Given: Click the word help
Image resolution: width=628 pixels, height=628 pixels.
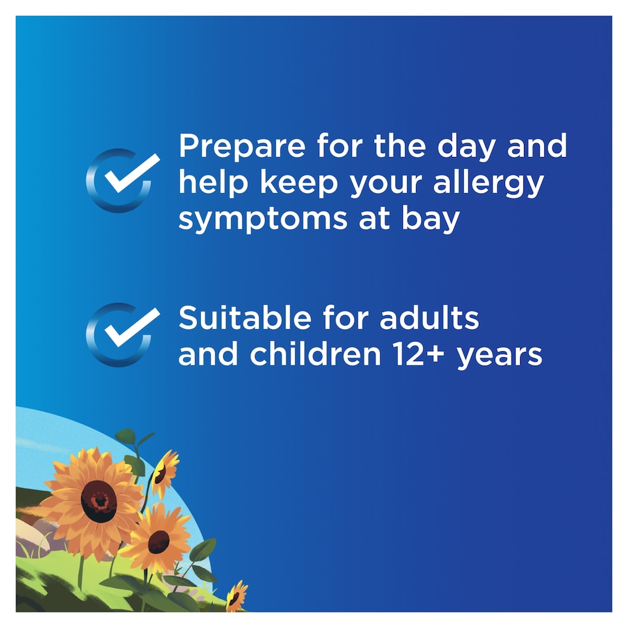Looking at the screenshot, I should coord(213,184).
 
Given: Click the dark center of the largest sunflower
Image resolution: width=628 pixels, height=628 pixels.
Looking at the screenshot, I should coord(99,501).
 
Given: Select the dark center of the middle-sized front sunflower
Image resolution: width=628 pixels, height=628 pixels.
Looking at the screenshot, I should coord(158,541).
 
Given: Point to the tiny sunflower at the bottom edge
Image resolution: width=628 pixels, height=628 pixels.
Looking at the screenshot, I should coord(235,597).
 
